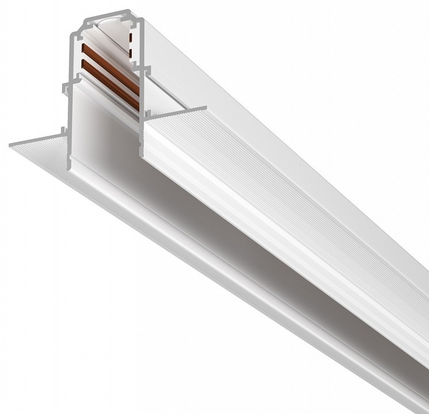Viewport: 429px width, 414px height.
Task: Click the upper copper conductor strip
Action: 109,63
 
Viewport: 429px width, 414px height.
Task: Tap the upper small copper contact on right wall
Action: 132,39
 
